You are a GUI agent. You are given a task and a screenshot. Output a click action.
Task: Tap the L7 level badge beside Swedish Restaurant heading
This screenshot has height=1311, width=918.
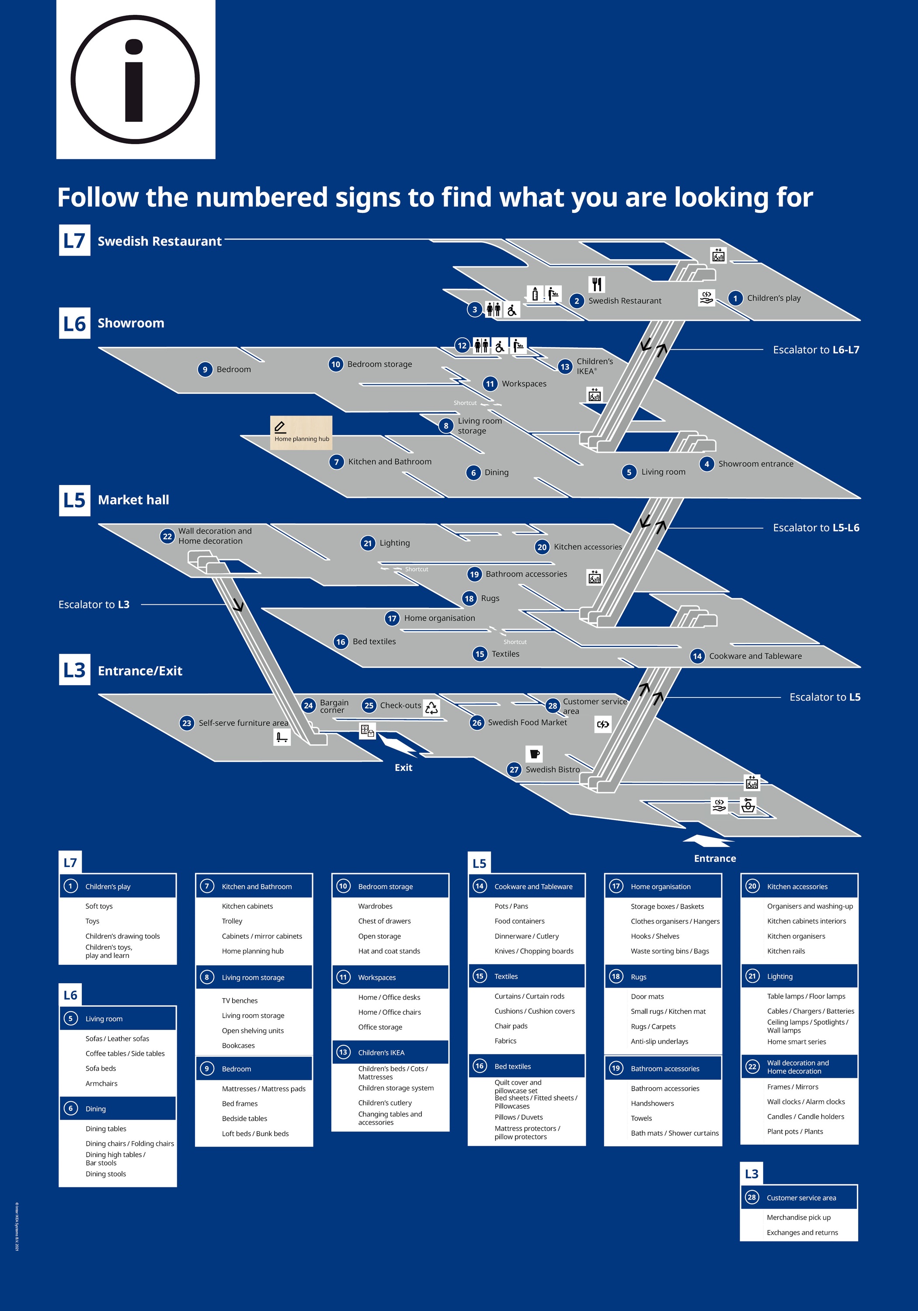pyautogui.click(x=74, y=240)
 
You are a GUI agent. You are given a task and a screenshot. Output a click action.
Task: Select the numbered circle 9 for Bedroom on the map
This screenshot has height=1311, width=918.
pyautogui.click(x=205, y=369)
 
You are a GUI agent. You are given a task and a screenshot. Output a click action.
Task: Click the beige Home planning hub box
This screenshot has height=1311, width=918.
pyautogui.click(x=301, y=432)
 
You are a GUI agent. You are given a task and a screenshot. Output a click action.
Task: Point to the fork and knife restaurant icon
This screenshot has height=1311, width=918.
pyautogui.click(x=597, y=284)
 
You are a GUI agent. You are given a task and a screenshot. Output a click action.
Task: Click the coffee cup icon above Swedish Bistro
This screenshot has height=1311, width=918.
pyautogui.click(x=534, y=754)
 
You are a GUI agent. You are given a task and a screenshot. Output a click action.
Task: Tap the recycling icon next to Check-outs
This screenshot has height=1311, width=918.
pyautogui.click(x=432, y=708)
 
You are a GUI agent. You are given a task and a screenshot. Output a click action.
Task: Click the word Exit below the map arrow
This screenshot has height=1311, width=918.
pyautogui.click(x=403, y=767)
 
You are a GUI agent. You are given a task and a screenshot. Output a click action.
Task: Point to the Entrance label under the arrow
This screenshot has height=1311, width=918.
pyautogui.click(x=715, y=858)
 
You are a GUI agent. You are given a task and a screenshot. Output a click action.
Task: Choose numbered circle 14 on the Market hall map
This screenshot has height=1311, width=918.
pyautogui.click(x=697, y=656)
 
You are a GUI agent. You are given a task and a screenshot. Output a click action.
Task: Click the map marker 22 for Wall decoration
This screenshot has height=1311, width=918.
pyautogui.click(x=167, y=536)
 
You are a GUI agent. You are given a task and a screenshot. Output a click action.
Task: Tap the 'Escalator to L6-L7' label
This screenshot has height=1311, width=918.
pyautogui.click(x=816, y=350)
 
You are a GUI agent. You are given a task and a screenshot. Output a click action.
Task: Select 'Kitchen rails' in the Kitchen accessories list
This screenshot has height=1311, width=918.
pyautogui.click(x=786, y=951)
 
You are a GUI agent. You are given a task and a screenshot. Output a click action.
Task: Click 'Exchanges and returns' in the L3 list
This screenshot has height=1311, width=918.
pyautogui.click(x=802, y=1232)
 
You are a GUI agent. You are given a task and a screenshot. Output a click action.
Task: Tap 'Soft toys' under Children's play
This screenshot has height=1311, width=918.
pyautogui.click(x=99, y=906)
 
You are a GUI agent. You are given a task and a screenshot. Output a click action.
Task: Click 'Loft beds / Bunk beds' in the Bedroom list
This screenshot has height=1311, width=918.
pyautogui.click(x=255, y=1134)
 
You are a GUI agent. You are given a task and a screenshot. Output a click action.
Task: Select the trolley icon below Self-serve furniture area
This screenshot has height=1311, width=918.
pyautogui.click(x=282, y=737)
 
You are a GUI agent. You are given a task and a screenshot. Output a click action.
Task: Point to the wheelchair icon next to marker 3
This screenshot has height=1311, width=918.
pyautogui.click(x=512, y=309)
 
